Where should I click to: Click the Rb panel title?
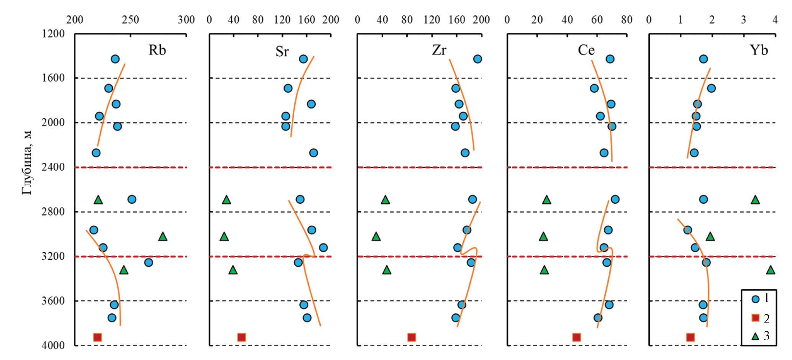(x=157, y=50)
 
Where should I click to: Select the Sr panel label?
(x=282, y=51)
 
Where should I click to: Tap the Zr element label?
(x=439, y=50)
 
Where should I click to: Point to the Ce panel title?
(x=586, y=50)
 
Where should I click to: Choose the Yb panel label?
(x=759, y=50)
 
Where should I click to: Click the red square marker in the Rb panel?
(x=97, y=337)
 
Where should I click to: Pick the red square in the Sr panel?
(x=241, y=337)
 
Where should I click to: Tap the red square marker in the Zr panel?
(x=412, y=337)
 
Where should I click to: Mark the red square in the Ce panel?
(x=577, y=337)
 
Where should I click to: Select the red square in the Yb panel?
(x=690, y=337)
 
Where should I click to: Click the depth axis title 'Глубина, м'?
(x=27, y=163)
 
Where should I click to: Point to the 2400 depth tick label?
(x=53, y=167)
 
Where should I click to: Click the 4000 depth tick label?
(x=53, y=345)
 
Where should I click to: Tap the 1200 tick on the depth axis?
(x=53, y=34)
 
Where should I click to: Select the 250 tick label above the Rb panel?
(x=130, y=20)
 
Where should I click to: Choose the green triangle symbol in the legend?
(x=755, y=336)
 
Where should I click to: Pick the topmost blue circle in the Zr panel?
(x=477, y=59)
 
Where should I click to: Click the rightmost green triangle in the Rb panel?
(x=163, y=236)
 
